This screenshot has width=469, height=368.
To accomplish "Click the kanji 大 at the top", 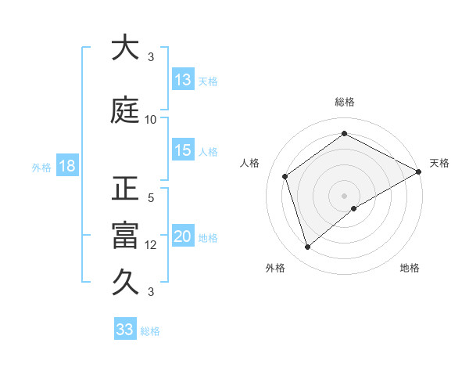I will click(125, 48).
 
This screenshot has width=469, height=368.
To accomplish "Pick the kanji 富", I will click(125, 236).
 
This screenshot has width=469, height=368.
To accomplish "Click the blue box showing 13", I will click(183, 80).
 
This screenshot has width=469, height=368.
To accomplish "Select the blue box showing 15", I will click(183, 150).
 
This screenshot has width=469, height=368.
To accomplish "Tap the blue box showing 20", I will click(183, 237).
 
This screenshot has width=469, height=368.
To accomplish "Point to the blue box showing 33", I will click(125, 330).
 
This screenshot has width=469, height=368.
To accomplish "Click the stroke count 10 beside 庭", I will click(151, 120).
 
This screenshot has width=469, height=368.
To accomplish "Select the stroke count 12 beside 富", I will click(151, 245).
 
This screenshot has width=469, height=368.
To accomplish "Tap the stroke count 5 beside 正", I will click(151, 198).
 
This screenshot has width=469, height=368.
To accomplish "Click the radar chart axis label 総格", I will click(344, 102).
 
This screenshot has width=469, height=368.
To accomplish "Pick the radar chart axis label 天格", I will click(439, 163).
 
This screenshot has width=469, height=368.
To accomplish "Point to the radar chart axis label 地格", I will click(410, 268).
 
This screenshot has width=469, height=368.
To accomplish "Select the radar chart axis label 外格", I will click(274, 268).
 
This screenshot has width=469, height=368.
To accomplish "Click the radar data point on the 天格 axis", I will click(419, 172).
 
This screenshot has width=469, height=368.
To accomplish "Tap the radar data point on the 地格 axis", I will click(355, 208).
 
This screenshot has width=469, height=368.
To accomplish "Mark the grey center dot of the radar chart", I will click(344, 194).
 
